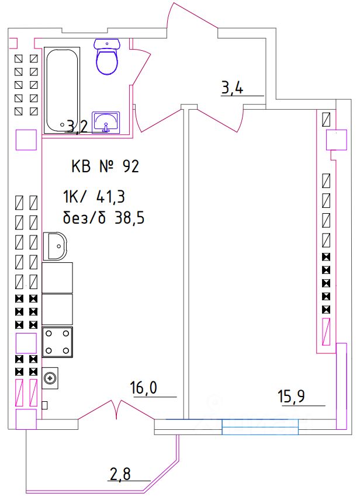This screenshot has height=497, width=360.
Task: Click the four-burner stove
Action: [x=57, y=342]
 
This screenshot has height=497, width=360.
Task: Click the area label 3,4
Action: [x=232, y=89]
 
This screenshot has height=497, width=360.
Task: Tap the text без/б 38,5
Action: [x=103, y=219]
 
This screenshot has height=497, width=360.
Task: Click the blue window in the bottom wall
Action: [x=260, y=428]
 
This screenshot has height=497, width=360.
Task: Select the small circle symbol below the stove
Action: [x=51, y=377]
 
